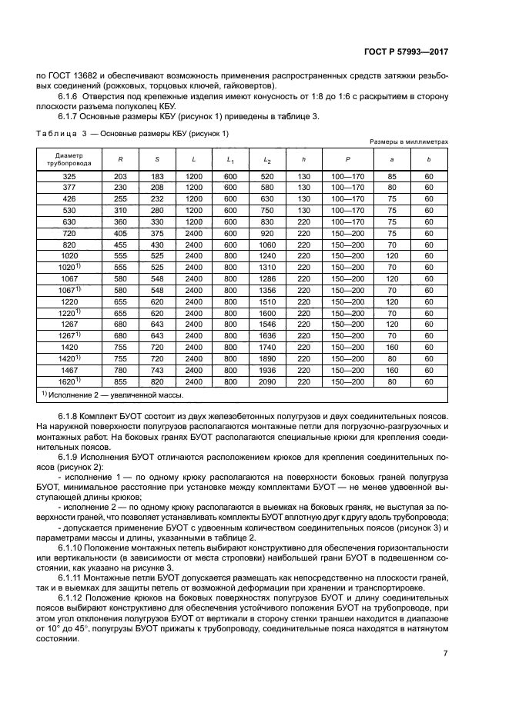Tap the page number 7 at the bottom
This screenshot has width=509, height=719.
coord(445,653)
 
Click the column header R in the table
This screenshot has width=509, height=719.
coord(120,159)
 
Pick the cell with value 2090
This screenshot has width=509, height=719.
coord(267,381)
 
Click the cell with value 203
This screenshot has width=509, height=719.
coord(120,177)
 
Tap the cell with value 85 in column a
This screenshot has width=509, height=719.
coord(393,177)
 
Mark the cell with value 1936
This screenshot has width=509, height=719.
coord(267,370)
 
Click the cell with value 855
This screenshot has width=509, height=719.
coord(120,381)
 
